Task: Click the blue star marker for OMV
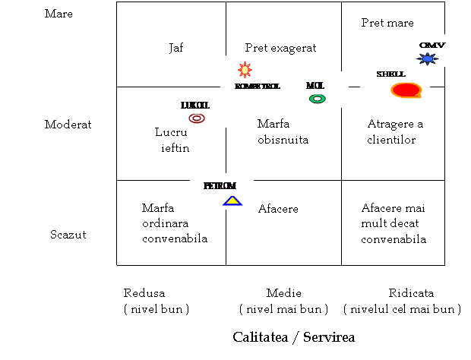427,58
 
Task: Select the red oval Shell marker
406,90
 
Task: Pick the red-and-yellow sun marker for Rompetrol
245,70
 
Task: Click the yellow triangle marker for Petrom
232,201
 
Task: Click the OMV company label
432,46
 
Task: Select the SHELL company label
390,74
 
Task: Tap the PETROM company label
220,186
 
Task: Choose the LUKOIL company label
195,106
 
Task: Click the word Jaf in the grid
175,48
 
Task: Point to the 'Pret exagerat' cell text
280,48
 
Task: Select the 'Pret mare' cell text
387,23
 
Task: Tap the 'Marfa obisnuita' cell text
283,132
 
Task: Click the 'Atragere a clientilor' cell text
395,132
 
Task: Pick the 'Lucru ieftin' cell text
172,141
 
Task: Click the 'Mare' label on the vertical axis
58,14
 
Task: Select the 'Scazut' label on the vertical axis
68,235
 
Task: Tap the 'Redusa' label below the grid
144,293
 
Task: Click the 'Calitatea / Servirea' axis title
294,337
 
